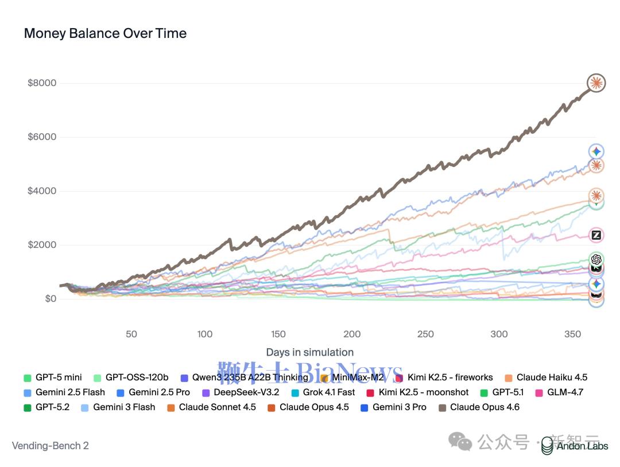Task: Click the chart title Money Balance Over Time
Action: tap(105, 33)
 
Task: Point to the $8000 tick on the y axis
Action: tap(42, 83)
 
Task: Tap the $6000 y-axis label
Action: tap(42, 137)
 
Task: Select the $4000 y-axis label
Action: tap(42, 191)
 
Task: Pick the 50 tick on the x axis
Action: tap(131, 334)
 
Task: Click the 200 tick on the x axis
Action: tap(352, 334)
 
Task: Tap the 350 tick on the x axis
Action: tap(573, 334)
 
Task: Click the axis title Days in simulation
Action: tap(309, 352)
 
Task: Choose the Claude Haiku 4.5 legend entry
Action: tap(551, 378)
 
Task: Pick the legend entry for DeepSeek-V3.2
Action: tap(246, 392)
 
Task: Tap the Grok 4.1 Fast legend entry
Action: tap(328, 392)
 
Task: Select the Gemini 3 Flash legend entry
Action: tap(124, 407)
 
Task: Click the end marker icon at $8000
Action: tap(596, 83)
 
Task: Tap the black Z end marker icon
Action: tap(596, 235)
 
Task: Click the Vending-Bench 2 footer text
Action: tap(51, 446)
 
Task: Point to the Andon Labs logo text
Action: tap(582, 446)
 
